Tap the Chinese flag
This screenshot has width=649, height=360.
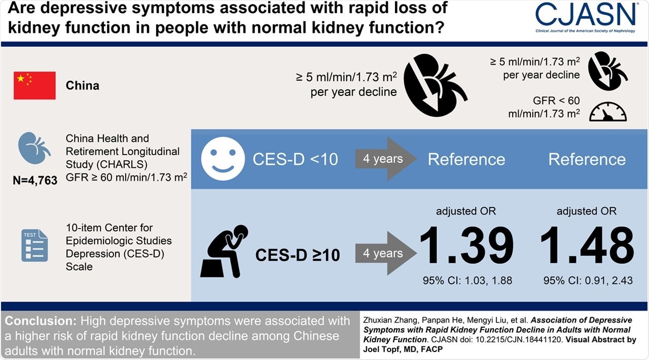tap(34, 85)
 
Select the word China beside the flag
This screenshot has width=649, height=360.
tap(83, 85)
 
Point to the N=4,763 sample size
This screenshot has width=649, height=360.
tap(35, 180)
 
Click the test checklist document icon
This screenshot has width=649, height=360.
tap(34, 245)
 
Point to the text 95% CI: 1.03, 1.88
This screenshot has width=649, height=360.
tap(467, 280)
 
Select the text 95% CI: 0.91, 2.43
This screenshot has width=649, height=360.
tap(587, 280)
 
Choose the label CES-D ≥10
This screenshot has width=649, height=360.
tap(298, 255)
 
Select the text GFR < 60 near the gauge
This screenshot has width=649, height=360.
tap(556, 101)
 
